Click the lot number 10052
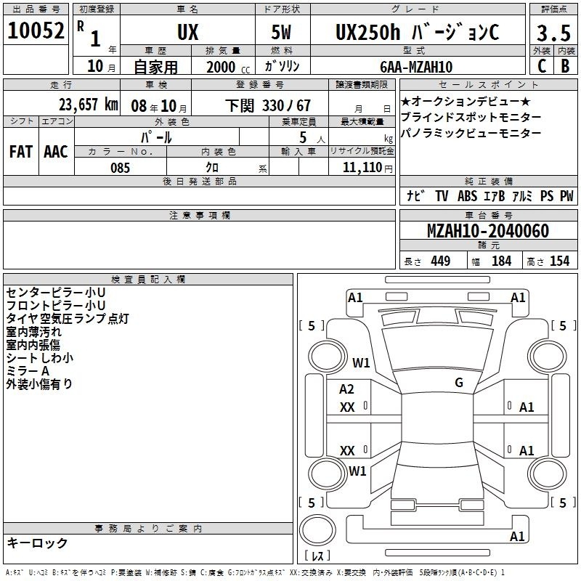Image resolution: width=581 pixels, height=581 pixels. tap(36, 31)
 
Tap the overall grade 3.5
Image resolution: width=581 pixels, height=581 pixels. tap(553, 33)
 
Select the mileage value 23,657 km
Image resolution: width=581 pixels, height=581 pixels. tap(89, 105)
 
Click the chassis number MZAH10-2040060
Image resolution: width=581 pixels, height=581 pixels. tap(488, 231)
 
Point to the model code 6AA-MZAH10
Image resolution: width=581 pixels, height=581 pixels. tap(416, 67)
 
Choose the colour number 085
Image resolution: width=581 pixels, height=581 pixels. tap(120, 168)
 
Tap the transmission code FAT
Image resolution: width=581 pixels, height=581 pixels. tap(21, 152)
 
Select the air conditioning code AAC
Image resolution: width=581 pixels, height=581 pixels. tap(56, 152)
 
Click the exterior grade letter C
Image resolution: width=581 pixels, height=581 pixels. tap(542, 66)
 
